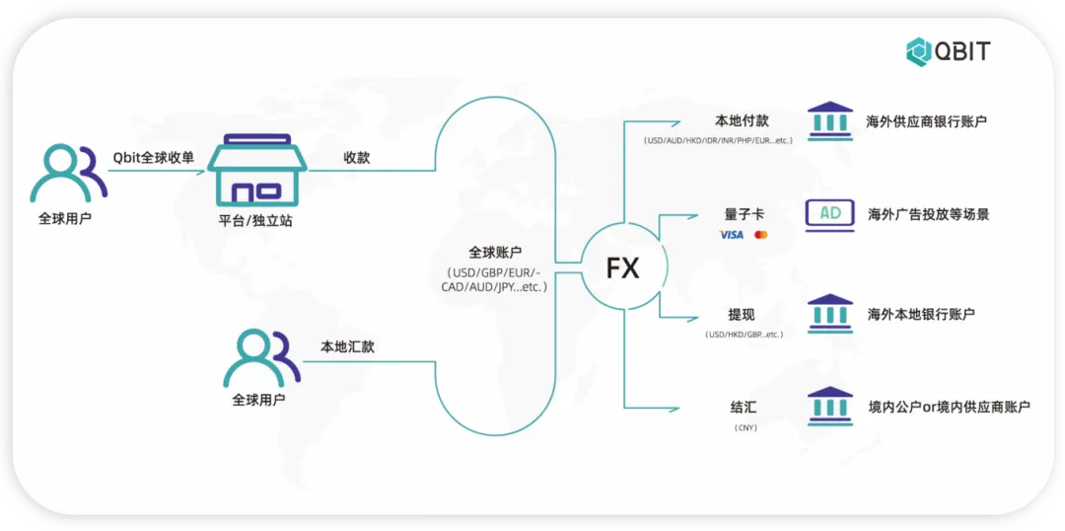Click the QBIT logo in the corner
click(948, 50)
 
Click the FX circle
click(623, 267)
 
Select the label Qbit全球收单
click(154, 156)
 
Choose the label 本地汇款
click(347, 346)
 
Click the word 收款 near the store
click(357, 157)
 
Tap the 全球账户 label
click(495, 253)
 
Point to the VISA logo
click(732, 235)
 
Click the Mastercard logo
click(760, 235)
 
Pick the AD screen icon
click(829, 214)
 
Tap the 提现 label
click(742, 315)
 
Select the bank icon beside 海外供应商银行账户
click(829, 120)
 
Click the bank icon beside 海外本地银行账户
click(829, 313)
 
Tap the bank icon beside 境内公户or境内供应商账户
click(829, 406)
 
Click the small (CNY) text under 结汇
click(744, 427)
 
